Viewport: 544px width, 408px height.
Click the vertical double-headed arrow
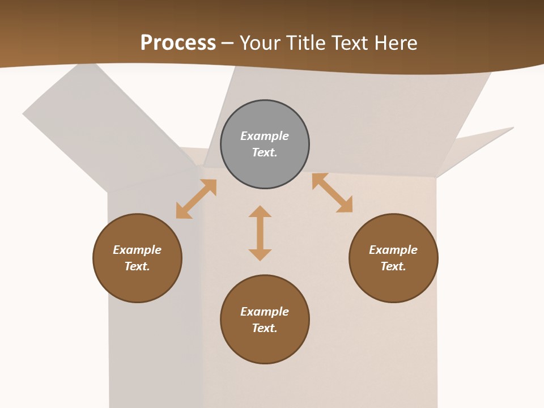tap(260, 233)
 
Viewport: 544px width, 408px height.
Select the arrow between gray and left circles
tap(196, 199)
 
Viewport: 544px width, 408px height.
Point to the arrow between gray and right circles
tap(333, 193)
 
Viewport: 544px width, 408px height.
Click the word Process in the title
tap(178, 42)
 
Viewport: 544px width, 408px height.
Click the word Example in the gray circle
tap(265, 136)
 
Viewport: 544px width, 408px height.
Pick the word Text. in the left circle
tap(137, 266)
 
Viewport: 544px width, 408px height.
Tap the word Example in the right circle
tap(393, 250)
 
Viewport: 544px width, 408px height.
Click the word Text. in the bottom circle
tap(265, 328)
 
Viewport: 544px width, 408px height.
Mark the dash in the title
tap(228, 42)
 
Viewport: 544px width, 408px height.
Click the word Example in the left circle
tap(137, 250)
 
